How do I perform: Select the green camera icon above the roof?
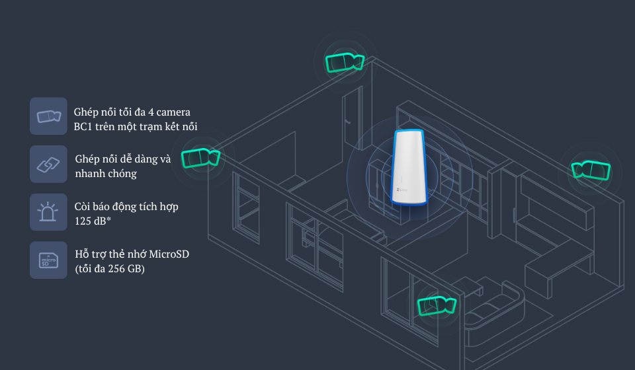tap(344, 63)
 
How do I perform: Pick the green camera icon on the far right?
tap(590, 170)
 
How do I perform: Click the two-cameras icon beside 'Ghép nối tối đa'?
tap(48, 116)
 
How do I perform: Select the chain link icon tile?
tap(48, 164)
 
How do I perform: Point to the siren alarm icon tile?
tap(48, 212)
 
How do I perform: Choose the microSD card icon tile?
tap(48, 260)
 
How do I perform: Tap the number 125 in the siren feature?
tap(83, 221)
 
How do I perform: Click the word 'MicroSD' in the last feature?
tap(169, 254)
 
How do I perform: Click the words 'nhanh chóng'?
tap(106, 173)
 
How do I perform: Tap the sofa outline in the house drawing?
tap(493, 311)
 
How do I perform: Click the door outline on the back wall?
tap(351, 119)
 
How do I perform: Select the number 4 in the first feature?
tap(151, 112)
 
